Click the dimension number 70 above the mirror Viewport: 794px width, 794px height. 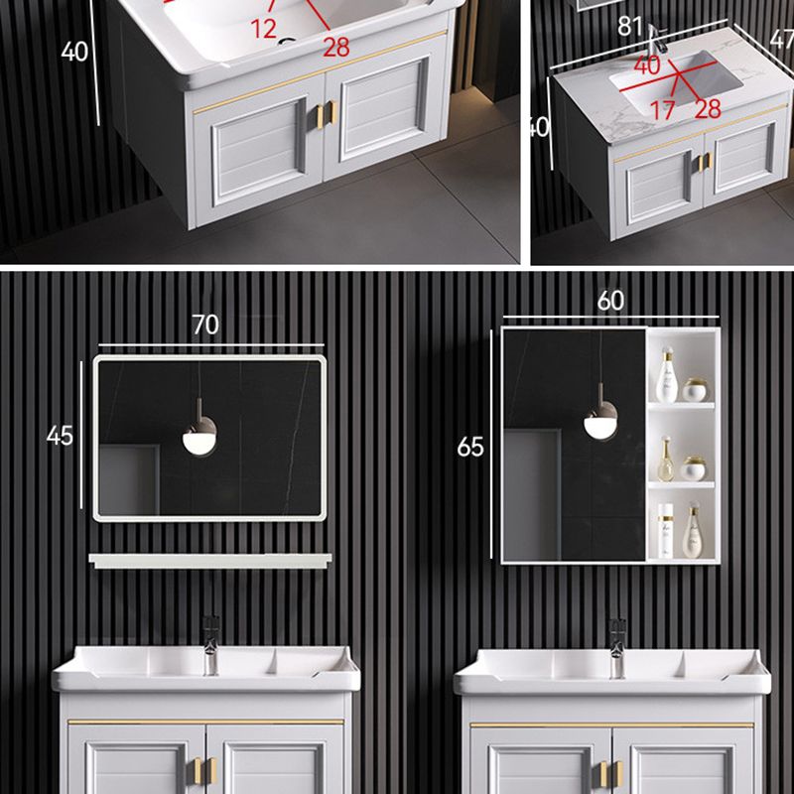[205, 325]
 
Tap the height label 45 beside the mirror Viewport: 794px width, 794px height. [61, 435]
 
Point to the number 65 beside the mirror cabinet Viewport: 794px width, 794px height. [470, 447]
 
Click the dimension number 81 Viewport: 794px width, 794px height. [631, 27]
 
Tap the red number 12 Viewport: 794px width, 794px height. [263, 30]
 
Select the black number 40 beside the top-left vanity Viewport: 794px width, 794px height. [74, 52]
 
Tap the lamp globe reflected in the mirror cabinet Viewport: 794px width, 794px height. [599, 424]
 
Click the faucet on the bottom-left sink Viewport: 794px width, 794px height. [211, 643]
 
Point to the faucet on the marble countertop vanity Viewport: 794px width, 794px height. [656, 43]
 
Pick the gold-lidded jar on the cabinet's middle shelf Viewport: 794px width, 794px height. [695, 467]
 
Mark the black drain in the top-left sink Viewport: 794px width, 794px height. [288, 43]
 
